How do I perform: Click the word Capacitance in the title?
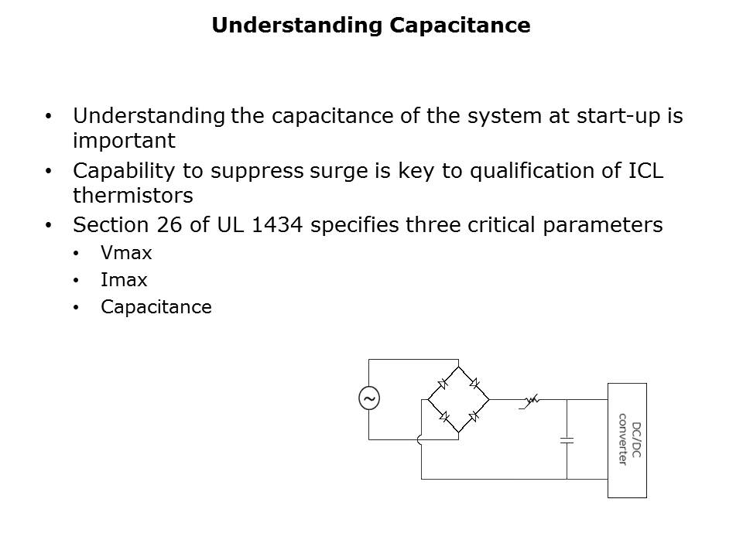460,26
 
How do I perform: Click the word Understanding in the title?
297,26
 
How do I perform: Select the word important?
124,141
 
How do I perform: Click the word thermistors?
133,195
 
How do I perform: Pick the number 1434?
277,225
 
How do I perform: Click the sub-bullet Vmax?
126,253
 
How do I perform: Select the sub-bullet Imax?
124,280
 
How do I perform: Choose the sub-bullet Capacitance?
156,307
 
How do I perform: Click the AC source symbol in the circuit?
369,398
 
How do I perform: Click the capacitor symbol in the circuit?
567,440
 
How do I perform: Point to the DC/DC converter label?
630,440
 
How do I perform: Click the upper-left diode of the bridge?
443,383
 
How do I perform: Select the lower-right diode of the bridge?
474,416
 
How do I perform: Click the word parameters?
603,226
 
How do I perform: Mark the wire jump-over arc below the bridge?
419,440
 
